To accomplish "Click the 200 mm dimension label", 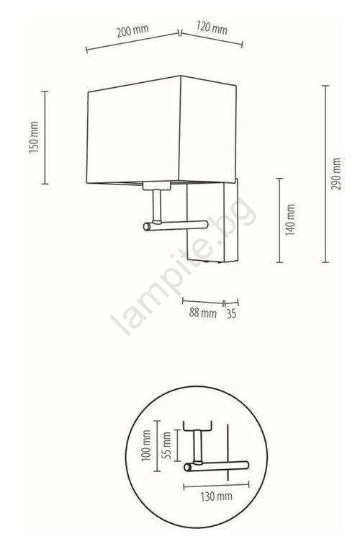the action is coord(132,30).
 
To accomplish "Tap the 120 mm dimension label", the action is coord(212,27).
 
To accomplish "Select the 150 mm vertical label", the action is coord(34,137).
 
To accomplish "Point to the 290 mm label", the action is coord(336,174).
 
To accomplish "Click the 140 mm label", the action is coord(291,220).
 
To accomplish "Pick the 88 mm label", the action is coord(202,313).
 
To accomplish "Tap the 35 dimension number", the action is coord(232,314).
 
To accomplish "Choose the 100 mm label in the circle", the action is coord(146,445).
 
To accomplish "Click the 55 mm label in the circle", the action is coord(166,445).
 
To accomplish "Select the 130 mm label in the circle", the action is coord(217,496).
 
